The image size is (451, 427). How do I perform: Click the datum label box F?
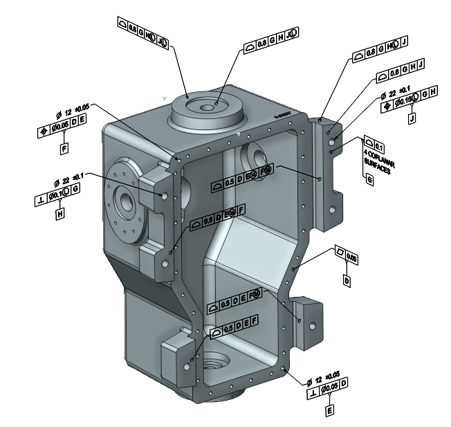point(64,148)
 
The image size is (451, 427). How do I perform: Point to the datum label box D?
point(347,280)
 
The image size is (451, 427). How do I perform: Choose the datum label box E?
point(330,409)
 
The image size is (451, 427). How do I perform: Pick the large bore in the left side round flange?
point(127,202)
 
